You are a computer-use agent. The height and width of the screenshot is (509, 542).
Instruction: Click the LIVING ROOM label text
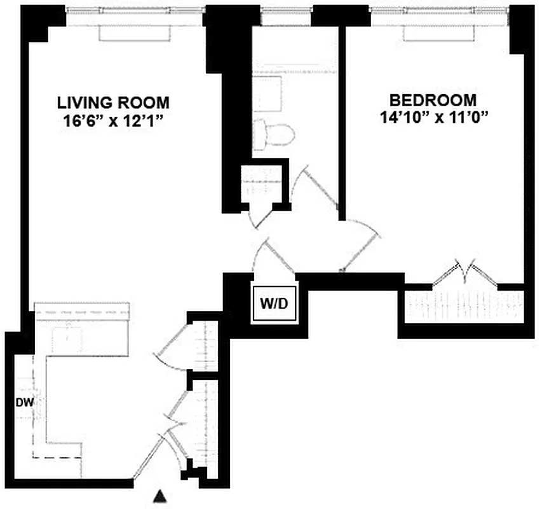(114, 102)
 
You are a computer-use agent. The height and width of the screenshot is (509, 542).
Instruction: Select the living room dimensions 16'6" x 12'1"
(114, 120)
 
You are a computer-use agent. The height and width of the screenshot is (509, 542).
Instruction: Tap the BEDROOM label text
(433, 100)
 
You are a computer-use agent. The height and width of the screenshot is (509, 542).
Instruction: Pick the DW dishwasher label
(25, 402)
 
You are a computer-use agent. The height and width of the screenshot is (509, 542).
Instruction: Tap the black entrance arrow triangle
(162, 495)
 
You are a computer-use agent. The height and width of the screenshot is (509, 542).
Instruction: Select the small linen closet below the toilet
(262, 185)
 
